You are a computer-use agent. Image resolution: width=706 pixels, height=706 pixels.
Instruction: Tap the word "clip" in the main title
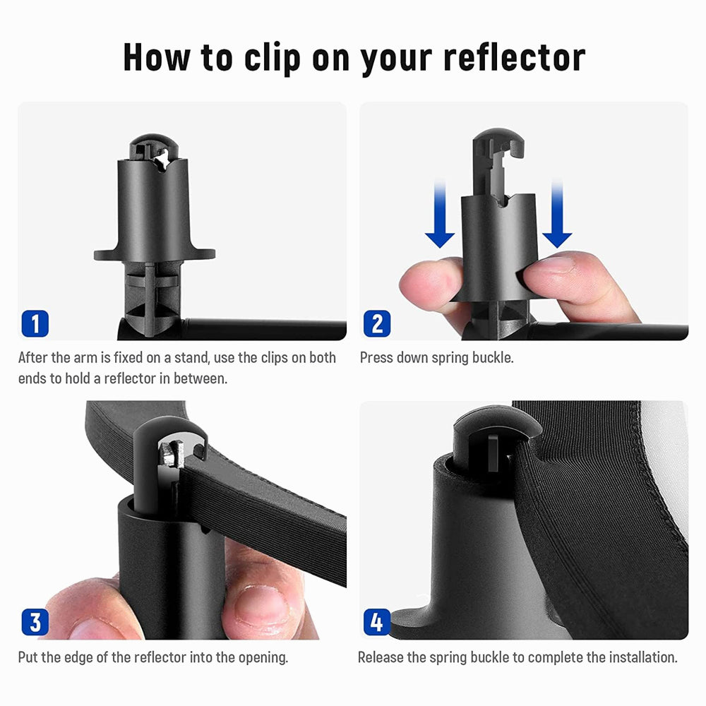click(272, 59)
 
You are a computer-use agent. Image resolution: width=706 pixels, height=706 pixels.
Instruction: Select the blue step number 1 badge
click(35, 323)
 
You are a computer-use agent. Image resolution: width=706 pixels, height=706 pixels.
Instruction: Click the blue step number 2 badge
click(377, 323)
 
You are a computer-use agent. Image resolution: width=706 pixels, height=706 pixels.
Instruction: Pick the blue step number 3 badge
click(35, 622)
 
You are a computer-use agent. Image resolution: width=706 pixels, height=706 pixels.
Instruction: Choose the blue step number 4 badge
click(377, 622)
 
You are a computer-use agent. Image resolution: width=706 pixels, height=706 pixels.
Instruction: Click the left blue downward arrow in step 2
click(440, 214)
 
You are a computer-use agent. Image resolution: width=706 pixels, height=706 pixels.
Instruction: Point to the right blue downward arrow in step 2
click(557, 214)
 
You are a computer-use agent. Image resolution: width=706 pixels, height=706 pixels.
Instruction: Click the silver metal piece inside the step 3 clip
click(172, 453)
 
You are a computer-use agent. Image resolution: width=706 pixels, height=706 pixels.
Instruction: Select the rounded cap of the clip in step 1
click(154, 147)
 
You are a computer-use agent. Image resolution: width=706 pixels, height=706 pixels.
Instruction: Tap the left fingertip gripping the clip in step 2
click(428, 284)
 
